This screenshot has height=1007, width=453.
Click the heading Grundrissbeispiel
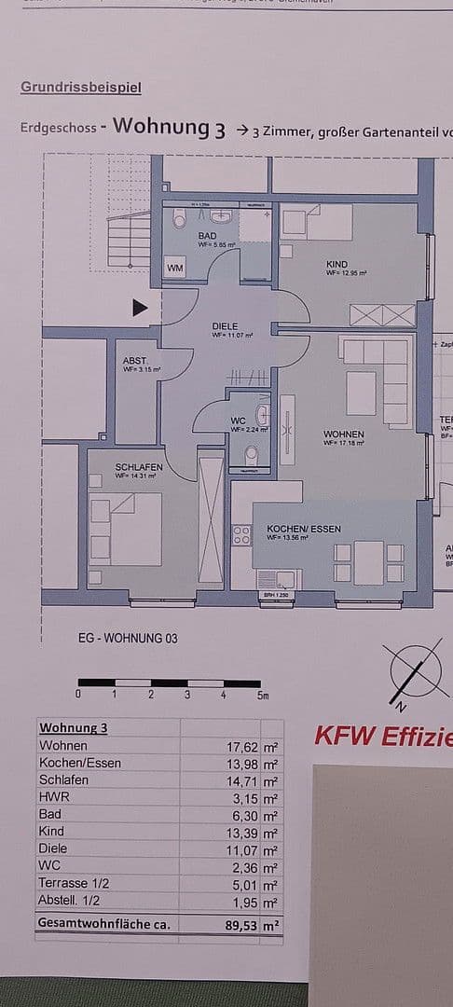coord(81,88)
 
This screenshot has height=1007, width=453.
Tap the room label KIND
coord(336,264)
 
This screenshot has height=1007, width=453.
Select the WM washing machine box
coord(175,269)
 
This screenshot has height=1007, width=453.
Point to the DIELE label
coord(225,326)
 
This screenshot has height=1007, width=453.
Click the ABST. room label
coord(135,361)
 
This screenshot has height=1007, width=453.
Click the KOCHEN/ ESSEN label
coord(303,529)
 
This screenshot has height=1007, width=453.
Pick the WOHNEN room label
coord(343,435)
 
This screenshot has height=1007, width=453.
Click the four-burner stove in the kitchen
coord(241,535)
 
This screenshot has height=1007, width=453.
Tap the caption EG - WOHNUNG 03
coord(128,639)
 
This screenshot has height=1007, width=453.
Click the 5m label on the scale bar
coord(262,695)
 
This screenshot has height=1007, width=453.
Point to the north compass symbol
coord(417,669)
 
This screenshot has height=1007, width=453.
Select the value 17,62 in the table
coord(240,746)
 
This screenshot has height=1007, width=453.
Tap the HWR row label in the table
coord(53,797)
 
